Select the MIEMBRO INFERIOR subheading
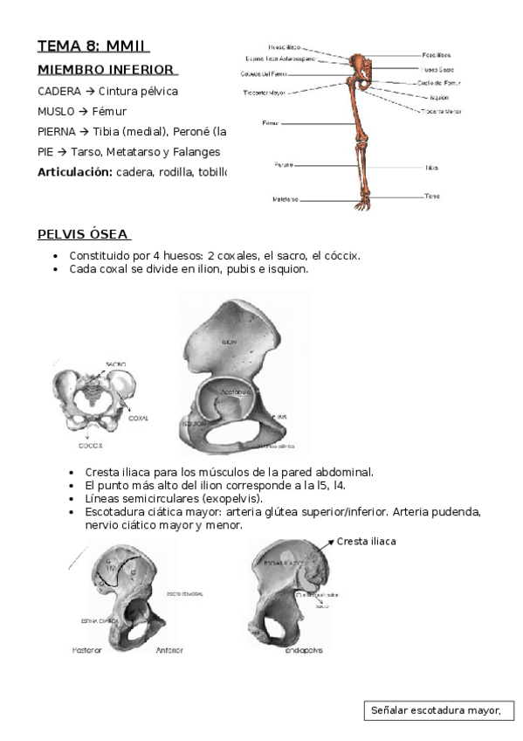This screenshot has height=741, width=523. pyautogui.click(x=106, y=70)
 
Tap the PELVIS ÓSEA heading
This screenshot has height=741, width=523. pyautogui.click(x=83, y=234)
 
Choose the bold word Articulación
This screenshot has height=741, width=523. pyautogui.click(x=74, y=171)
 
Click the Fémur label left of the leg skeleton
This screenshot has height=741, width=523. pyautogui.click(x=270, y=123)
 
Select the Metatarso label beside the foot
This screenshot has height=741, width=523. pyautogui.click(x=285, y=199)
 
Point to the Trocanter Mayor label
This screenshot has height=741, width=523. pyautogui.click(x=265, y=91)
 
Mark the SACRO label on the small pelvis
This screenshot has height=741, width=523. pyautogui.click(x=116, y=364)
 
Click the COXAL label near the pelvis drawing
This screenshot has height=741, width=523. pyautogui.click(x=138, y=419)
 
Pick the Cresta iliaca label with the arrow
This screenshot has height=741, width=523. pyautogui.click(x=366, y=542)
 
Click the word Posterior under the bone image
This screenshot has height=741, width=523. pyautogui.click(x=86, y=650)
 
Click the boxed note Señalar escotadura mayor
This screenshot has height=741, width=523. pyautogui.click(x=437, y=710)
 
